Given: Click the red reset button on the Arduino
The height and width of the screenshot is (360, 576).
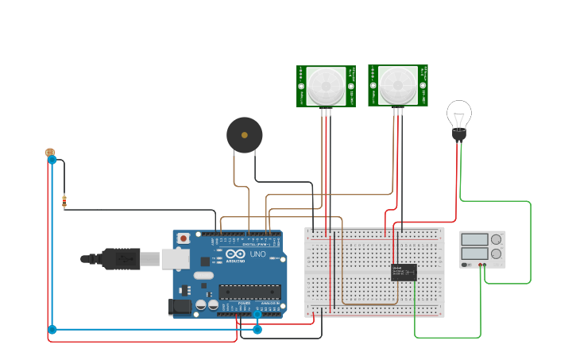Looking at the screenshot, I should tap(184, 238).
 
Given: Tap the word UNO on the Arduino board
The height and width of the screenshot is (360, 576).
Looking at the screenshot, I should tap(258, 254).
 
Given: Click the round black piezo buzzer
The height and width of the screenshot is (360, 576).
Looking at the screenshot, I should tap(244, 135).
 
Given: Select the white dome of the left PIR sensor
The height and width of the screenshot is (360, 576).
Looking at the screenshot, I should tap(326, 85).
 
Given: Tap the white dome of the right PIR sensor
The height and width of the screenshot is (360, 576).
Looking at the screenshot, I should tap(396, 84).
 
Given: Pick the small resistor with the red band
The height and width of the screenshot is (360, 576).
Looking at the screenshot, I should tap(64, 202).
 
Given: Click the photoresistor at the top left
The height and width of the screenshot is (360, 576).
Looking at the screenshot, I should tap(50, 152).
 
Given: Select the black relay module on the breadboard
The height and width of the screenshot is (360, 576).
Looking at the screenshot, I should tap(404, 272).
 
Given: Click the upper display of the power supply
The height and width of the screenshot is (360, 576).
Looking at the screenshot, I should tap(474, 239).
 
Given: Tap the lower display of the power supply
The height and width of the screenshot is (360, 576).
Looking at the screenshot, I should tap(474, 254).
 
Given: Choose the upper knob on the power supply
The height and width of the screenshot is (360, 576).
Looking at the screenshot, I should tap(497, 239).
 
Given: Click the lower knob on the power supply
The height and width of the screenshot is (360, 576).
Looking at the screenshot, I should tap(497, 254).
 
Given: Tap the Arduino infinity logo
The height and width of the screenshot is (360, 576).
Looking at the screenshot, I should tap(236, 255).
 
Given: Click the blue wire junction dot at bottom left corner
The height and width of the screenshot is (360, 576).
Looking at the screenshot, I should tap(52, 329).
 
